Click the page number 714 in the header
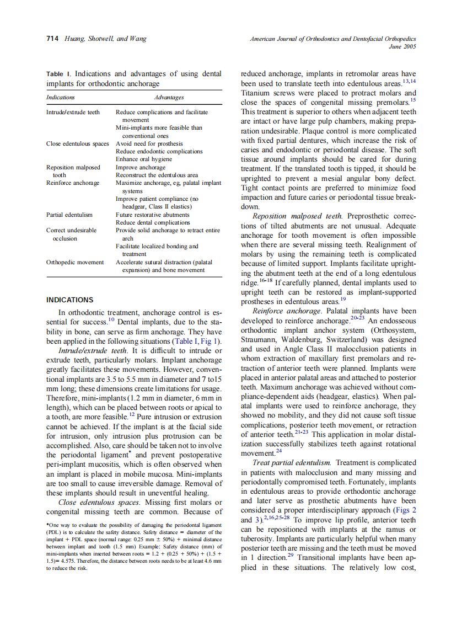click(x=52, y=39)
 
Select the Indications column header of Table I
click(x=61, y=97)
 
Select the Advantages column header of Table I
click(x=169, y=97)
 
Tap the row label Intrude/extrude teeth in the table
click(x=73, y=112)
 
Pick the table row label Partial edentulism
click(x=69, y=215)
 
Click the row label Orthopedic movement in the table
click(x=74, y=262)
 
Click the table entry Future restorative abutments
click(x=152, y=215)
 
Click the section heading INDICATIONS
click(x=69, y=300)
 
